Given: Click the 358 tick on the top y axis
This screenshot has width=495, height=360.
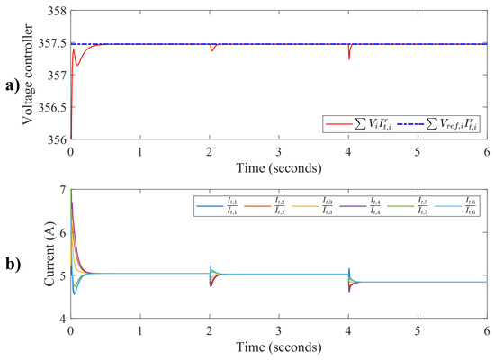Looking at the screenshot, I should [x=58, y=11].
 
